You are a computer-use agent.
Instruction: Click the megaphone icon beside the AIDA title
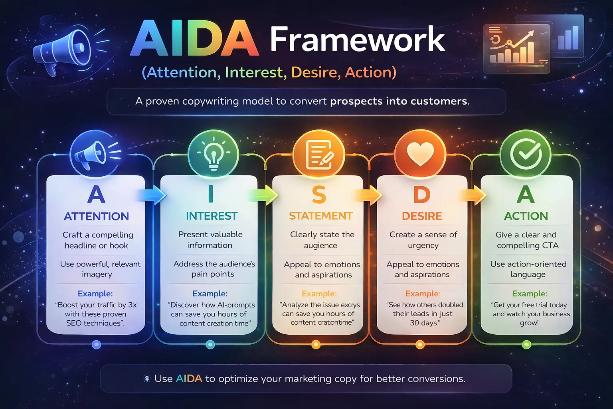(64, 50)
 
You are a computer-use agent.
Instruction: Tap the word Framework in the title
(357, 40)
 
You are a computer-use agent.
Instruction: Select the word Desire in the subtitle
(315, 72)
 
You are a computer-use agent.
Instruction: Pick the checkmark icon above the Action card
(526, 154)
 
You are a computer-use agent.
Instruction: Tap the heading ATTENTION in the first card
(96, 216)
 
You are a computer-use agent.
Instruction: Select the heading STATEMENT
(320, 216)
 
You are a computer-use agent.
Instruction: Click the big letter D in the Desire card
(422, 195)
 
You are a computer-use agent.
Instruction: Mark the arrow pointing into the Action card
(474, 196)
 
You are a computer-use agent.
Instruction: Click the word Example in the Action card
(530, 294)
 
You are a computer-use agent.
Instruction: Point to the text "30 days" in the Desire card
(424, 323)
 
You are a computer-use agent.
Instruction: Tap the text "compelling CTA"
(528, 245)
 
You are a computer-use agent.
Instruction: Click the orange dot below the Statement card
(316, 344)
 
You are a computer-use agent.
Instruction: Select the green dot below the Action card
(526, 344)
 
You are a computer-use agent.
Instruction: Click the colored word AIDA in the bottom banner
(189, 379)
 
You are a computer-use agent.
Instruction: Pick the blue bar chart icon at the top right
(568, 38)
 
